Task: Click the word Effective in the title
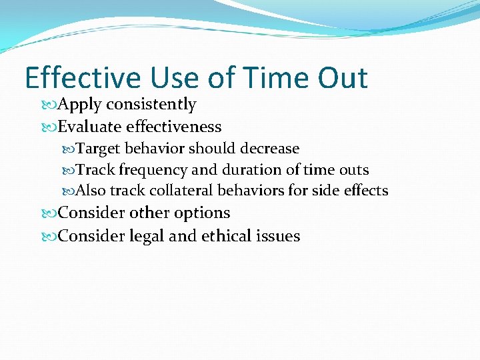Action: coord(83,78)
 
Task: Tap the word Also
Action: coord(91,191)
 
